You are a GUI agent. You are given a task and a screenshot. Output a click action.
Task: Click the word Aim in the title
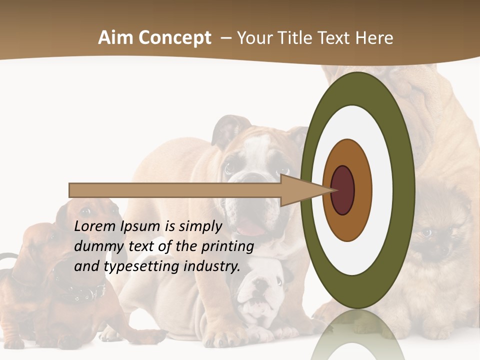pyautogui.click(x=116, y=38)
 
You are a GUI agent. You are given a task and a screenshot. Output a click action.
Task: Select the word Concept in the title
pyautogui.click(x=175, y=38)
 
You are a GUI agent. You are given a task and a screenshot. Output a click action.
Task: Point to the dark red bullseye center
pyautogui.click(x=343, y=190)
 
